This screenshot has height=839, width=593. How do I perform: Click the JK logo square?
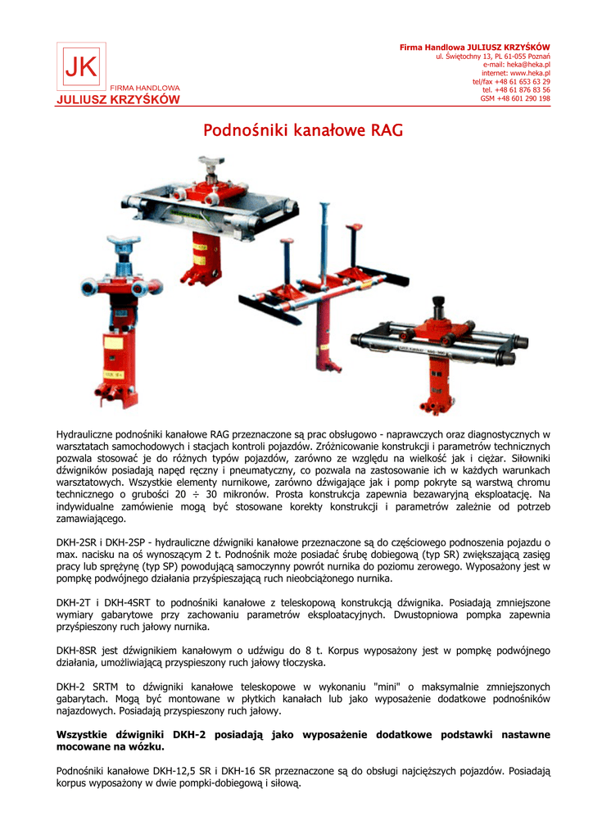pos(81,66)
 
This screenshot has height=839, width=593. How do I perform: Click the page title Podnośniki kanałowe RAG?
pos(303,130)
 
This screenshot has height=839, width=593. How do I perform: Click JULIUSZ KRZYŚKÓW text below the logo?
pos(117,100)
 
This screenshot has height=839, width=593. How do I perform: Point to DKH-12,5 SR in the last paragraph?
pos(175,771)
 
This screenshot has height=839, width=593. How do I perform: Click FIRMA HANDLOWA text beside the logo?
pos(144,88)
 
